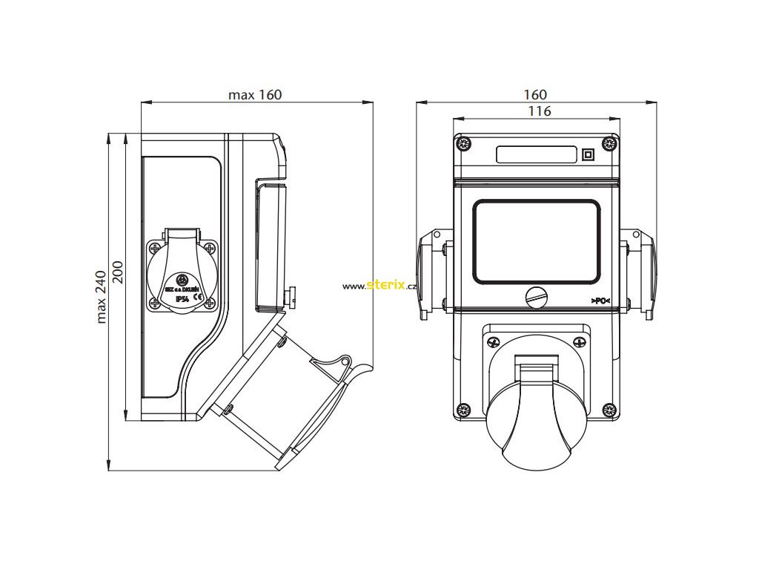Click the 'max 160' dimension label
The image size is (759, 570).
[x=255, y=95]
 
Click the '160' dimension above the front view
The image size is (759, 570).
[x=535, y=94]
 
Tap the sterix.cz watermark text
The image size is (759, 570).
[x=379, y=286]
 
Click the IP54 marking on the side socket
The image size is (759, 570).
[x=181, y=298]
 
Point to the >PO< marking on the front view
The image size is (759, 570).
[x=600, y=300]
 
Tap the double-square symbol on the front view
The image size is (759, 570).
[x=589, y=154]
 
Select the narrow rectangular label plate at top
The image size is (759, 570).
[x=537, y=154]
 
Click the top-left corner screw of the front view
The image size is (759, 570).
[x=464, y=143]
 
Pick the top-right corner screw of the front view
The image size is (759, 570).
[x=610, y=143]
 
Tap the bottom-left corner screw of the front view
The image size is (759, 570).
[x=464, y=409]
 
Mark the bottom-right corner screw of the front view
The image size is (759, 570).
[x=610, y=409]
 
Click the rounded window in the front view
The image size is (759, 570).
[x=537, y=240]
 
